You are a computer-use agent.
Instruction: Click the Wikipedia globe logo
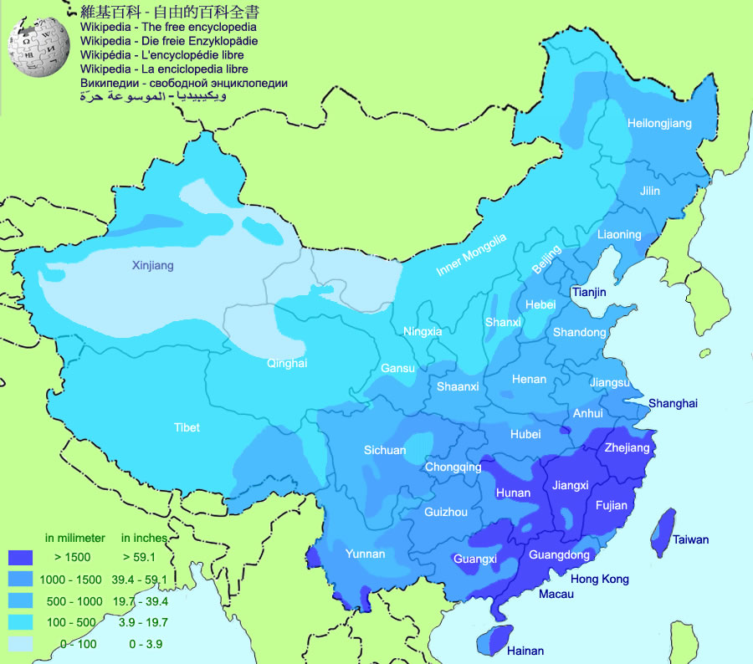pyautogui.click(x=38, y=48)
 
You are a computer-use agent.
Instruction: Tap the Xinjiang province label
pyautogui.click(x=153, y=266)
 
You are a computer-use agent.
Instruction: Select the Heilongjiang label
pyautogui.click(x=660, y=124)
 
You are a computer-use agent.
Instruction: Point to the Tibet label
pyautogui.click(x=187, y=427)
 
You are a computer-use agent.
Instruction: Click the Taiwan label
pyautogui.click(x=690, y=540)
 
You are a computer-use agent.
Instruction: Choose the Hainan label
pyautogui.click(x=525, y=651)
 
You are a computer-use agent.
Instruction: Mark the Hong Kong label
pyautogui.click(x=599, y=579)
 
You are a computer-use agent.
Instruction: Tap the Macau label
pyautogui.click(x=556, y=594)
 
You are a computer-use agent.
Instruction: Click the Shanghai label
pyautogui.click(x=673, y=403)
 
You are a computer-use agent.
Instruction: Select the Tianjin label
pyautogui.click(x=589, y=292)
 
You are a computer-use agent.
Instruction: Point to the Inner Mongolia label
pyautogui.click(x=472, y=255)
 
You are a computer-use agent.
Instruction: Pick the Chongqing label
pyautogui.click(x=453, y=467)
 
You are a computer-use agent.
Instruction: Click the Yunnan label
pyautogui.click(x=366, y=554)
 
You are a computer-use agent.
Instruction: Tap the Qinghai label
pyautogui.click(x=287, y=363)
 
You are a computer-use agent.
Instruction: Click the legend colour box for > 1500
pyautogui.click(x=20, y=556)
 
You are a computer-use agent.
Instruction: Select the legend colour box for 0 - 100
pyautogui.click(x=20, y=644)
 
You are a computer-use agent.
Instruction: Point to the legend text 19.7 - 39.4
pyautogui.click(x=140, y=601)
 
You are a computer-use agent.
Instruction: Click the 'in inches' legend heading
pyautogui.click(x=144, y=538)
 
